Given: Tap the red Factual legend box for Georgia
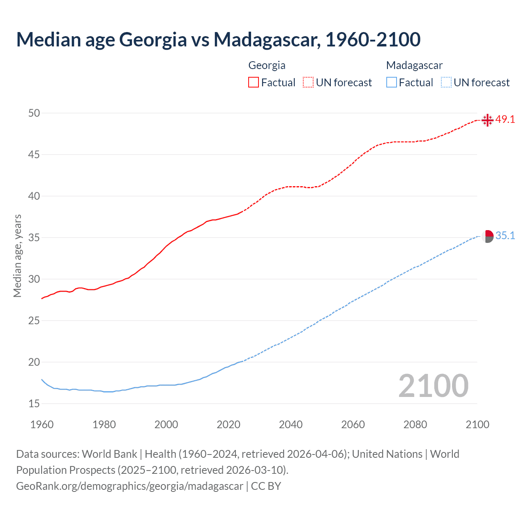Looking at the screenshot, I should point(254,83).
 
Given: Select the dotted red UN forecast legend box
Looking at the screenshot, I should point(308,83).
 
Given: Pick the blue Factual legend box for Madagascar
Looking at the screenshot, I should point(391,83).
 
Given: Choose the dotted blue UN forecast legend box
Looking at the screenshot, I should point(446,83).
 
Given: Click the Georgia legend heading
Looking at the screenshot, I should point(267,65).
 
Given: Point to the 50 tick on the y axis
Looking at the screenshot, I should point(34,113).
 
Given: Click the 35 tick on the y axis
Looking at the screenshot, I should point(34,238).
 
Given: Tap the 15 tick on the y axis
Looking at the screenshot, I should point(34,404).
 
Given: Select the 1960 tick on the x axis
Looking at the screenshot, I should point(42,424).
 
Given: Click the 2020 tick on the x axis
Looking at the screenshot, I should point(228,424).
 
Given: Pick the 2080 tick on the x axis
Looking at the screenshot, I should point(415,424).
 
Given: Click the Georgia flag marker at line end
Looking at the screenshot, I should point(487,120).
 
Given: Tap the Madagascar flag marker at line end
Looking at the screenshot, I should point(487,236).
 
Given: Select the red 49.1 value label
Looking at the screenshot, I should point(505,120).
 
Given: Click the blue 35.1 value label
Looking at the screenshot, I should point(505,236).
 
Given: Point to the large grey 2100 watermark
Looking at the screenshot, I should point(433,386).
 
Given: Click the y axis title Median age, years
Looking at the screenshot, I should point(17,256).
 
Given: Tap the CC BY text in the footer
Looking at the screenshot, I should point(266,486).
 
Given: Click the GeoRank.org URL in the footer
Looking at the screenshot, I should point(129,486).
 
